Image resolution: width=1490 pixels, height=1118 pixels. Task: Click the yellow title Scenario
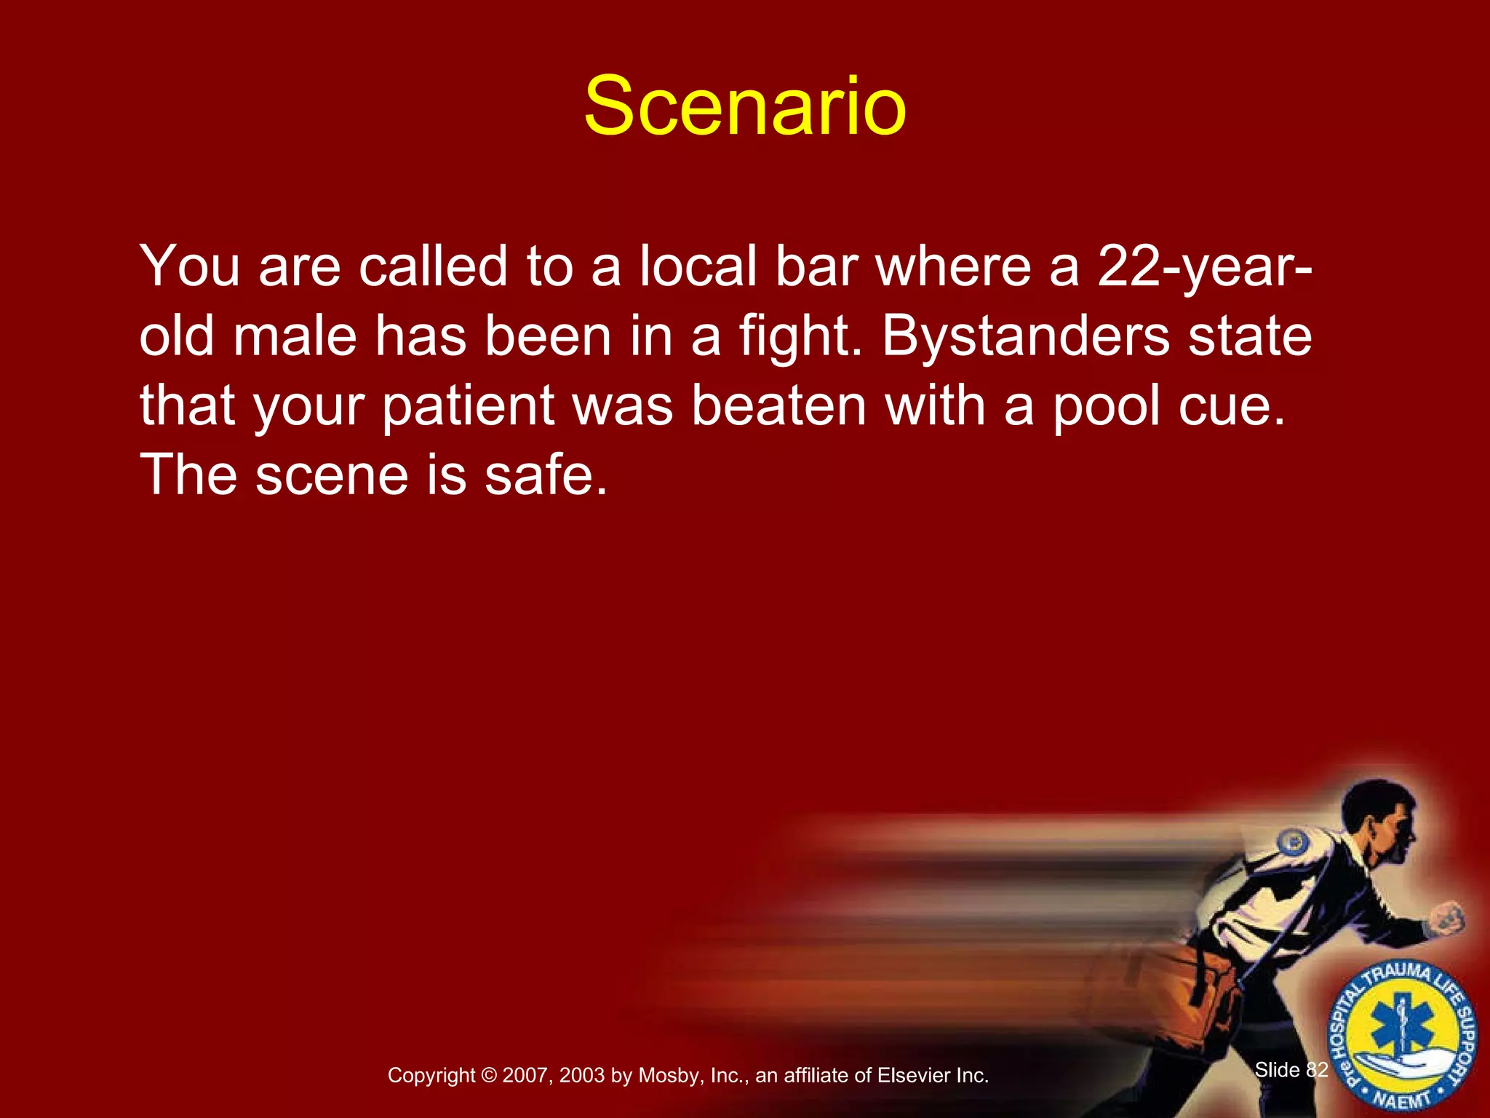click(x=745, y=108)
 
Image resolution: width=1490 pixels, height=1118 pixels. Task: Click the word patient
click(x=469, y=408)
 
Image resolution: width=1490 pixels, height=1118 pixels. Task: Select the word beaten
click(x=778, y=406)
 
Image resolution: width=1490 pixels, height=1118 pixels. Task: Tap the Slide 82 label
click(x=1291, y=1070)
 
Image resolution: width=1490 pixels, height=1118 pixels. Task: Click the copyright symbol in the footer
click(x=489, y=1076)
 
